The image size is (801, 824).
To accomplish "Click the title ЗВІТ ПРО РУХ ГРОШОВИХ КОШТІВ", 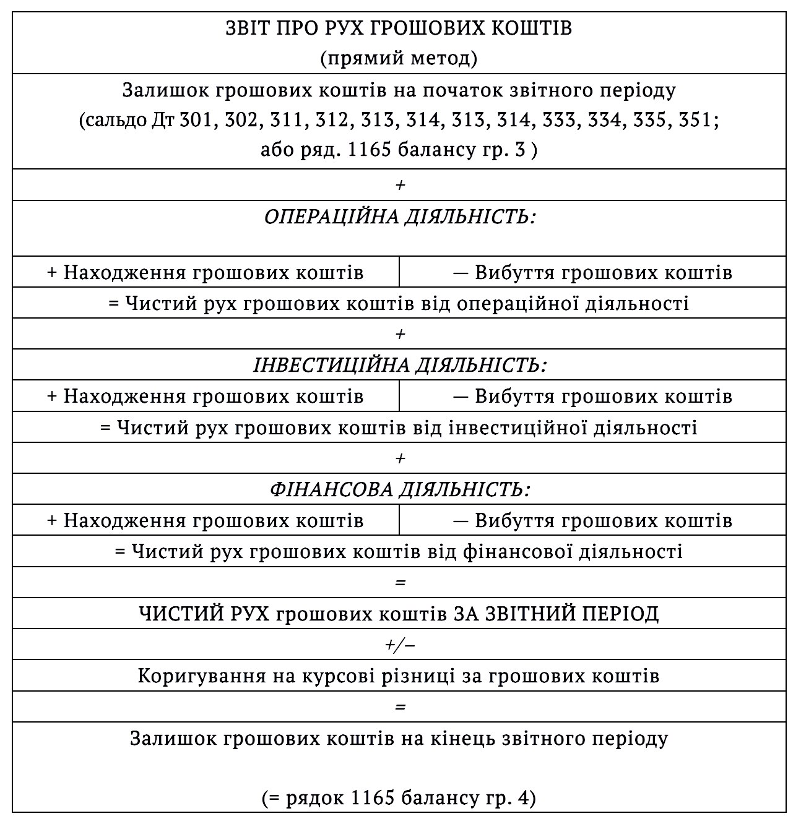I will tap(399, 29).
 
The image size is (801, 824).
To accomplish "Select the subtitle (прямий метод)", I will tap(399, 59).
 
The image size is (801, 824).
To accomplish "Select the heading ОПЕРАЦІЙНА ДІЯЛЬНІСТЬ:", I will tap(399, 218).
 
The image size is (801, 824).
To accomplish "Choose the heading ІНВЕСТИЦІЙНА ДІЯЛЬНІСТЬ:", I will tap(399, 365).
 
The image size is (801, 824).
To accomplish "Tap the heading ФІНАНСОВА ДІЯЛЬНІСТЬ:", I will tap(399, 489).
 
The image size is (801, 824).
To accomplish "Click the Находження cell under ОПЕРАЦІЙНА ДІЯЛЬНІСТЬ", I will tap(206, 273).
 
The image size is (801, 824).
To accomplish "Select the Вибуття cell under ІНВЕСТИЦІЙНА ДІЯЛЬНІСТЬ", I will tap(592, 396).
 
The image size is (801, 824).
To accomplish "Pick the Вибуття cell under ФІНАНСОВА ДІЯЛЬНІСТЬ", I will tap(592, 520).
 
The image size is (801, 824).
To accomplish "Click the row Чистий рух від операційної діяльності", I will tap(399, 304).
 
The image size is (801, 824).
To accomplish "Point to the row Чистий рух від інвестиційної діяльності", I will tap(399, 427).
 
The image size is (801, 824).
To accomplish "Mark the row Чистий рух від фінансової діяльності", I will tap(399, 551).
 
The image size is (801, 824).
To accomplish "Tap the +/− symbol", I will tap(399, 645).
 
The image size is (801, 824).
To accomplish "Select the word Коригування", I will tap(202, 676).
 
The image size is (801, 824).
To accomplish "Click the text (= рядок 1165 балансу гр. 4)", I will tap(399, 798).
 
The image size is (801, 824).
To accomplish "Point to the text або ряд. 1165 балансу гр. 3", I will tap(399, 150).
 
